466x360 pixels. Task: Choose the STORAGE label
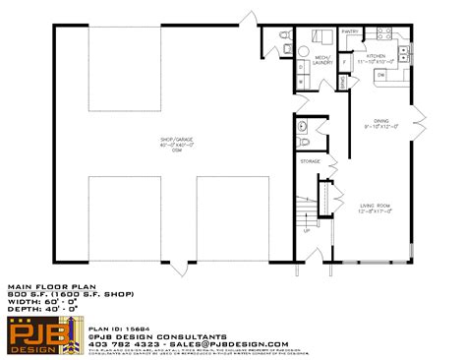click(x=309, y=160)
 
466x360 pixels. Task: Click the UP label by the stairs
click(x=307, y=230)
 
